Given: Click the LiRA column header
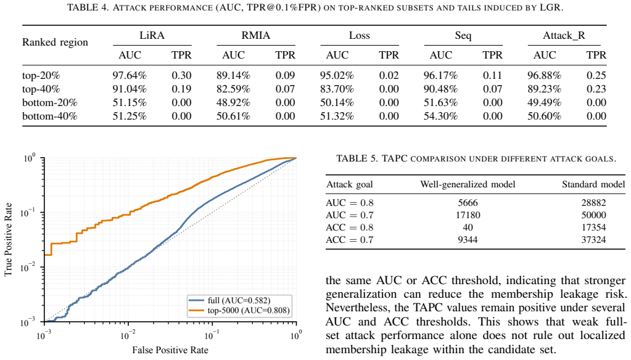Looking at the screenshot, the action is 152,35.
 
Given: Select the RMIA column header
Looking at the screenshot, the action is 256,35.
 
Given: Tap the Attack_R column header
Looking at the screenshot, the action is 564,36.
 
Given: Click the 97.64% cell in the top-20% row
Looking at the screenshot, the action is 130,75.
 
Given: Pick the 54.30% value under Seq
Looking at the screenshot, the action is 440,117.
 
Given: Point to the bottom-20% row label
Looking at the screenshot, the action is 49,102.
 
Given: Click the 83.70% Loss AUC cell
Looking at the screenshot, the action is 337,89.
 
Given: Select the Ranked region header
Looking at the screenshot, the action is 55,43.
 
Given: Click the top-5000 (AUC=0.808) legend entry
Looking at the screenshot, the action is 239,310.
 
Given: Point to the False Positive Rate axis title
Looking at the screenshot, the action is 170,350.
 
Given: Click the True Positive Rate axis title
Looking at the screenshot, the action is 9,239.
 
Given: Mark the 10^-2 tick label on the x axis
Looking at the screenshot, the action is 128,334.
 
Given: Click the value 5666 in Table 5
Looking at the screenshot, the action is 468,203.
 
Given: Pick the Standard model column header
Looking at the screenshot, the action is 593,184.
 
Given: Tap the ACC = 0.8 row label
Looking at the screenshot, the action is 349,227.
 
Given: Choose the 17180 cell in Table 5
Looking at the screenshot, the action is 468,215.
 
